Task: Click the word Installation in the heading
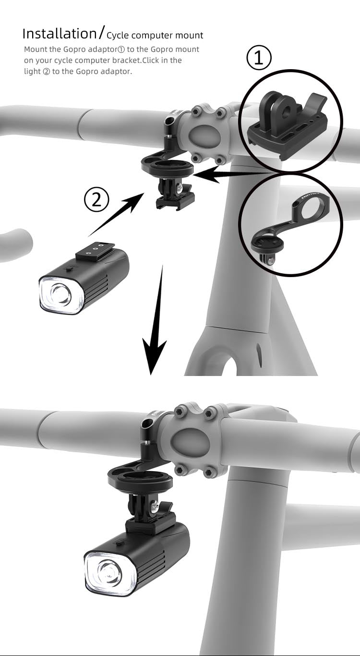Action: click(x=59, y=34)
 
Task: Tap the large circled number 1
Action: click(x=259, y=58)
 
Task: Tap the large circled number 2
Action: click(x=96, y=199)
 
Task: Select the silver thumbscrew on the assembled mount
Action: click(x=155, y=505)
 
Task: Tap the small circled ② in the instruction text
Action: click(x=46, y=72)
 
